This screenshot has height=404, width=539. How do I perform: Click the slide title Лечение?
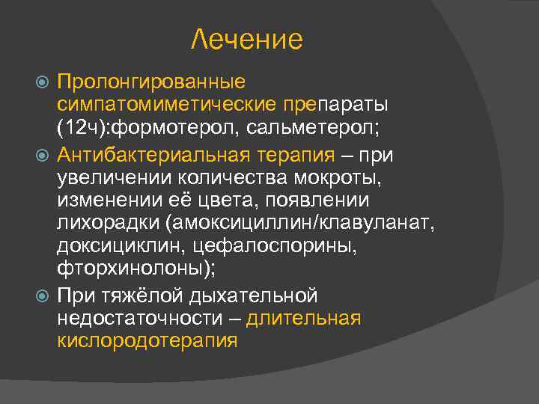[246, 39]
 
